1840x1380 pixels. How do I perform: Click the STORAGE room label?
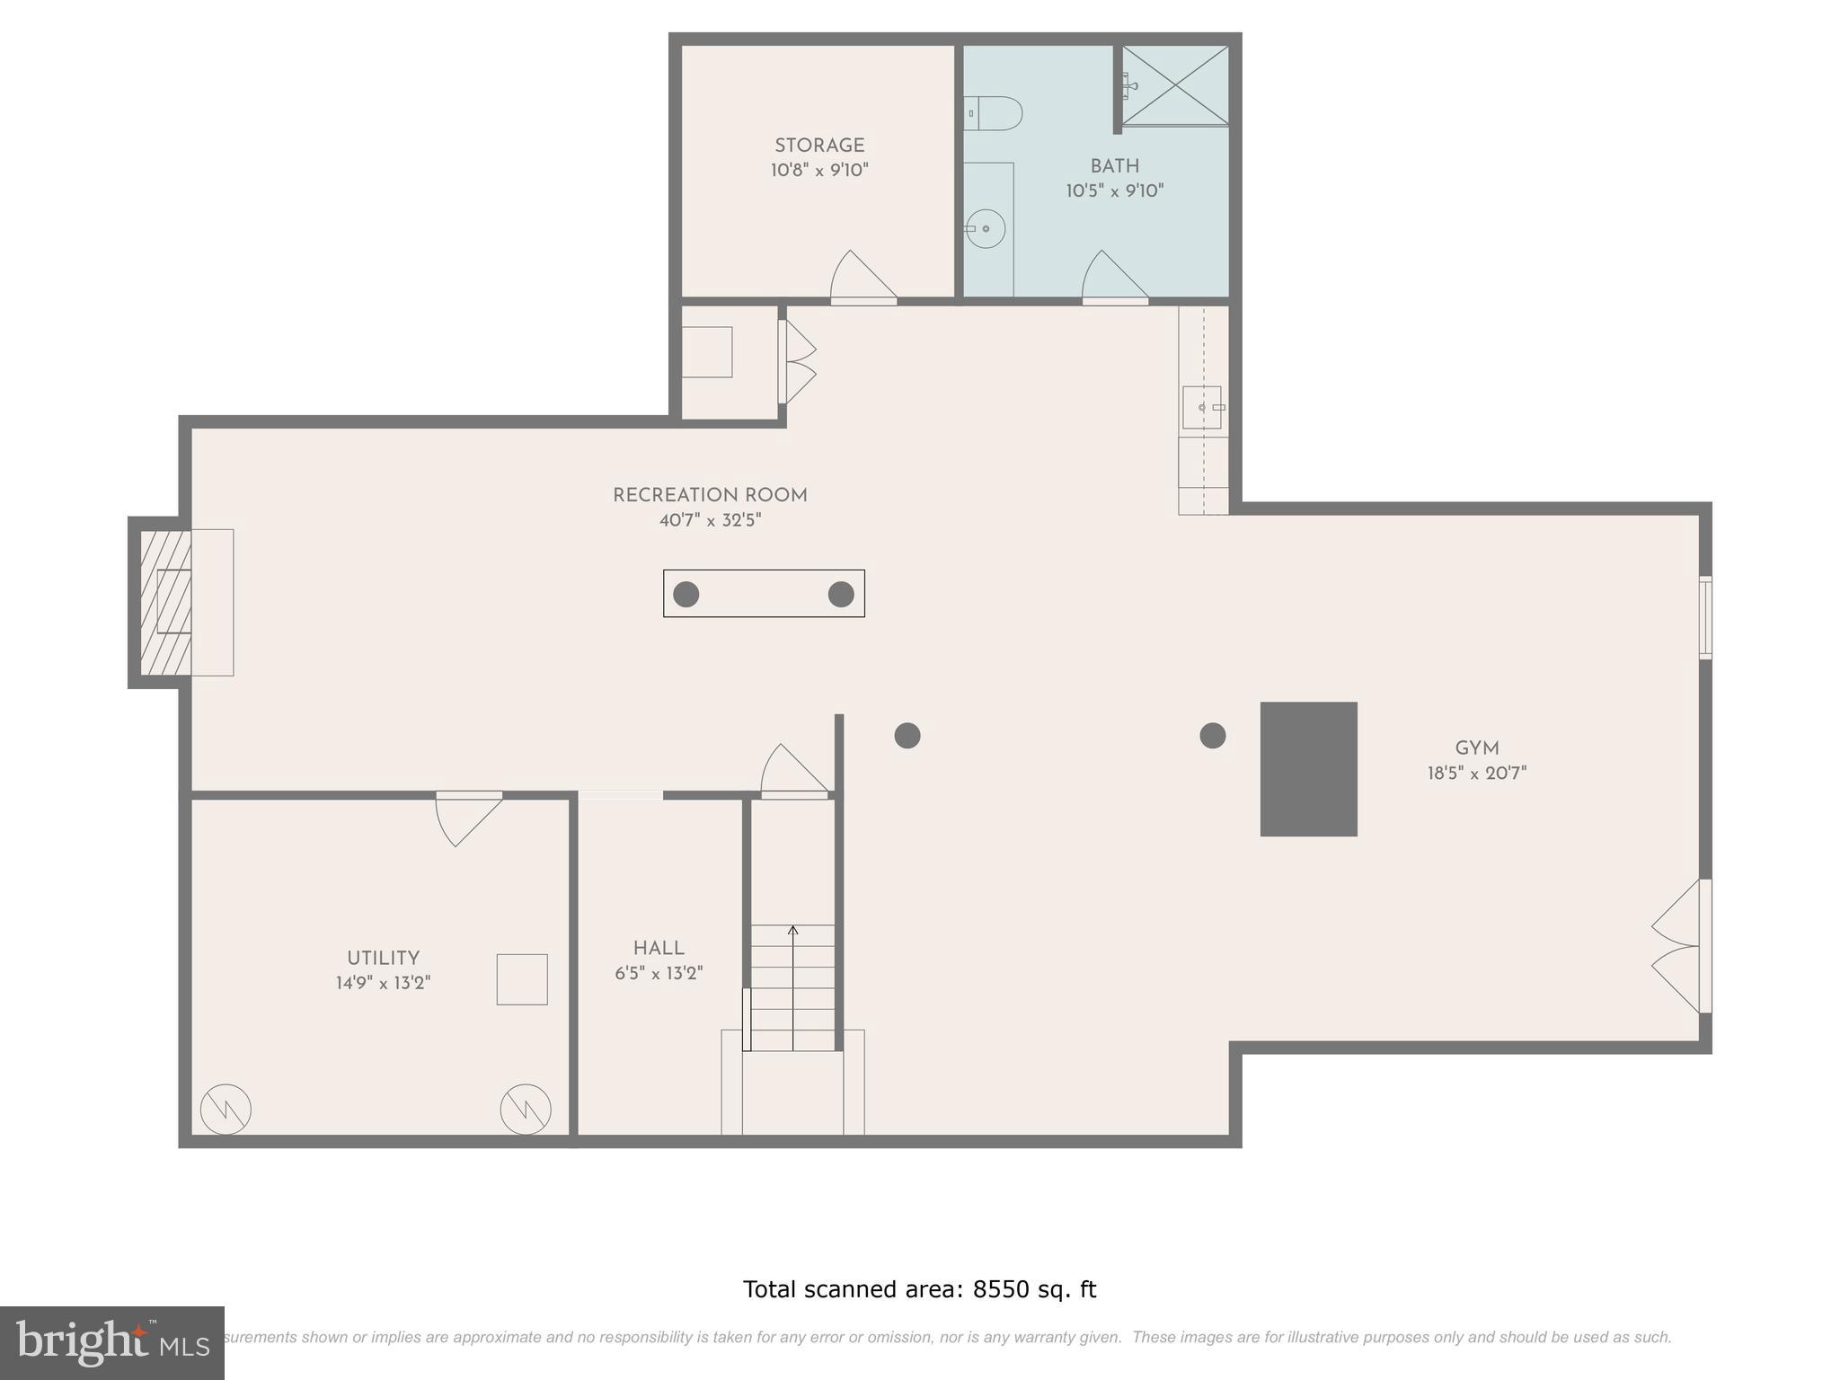[x=819, y=146]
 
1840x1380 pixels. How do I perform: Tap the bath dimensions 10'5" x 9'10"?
[x=1115, y=190]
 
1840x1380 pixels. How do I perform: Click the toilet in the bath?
[x=995, y=114]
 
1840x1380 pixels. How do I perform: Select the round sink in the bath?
[x=986, y=228]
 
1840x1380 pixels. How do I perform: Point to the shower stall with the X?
[x=1175, y=85]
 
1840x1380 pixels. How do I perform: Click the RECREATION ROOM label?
[x=710, y=495]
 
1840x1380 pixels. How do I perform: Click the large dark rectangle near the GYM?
[x=1308, y=769]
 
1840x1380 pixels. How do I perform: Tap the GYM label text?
[x=1477, y=748]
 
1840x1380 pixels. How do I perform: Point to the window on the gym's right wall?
[x=1704, y=617]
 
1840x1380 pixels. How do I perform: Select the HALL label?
[x=659, y=948]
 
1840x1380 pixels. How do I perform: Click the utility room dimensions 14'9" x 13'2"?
[x=383, y=983]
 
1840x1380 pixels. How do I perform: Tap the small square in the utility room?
[x=522, y=979]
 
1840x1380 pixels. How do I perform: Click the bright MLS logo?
[x=111, y=1342]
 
